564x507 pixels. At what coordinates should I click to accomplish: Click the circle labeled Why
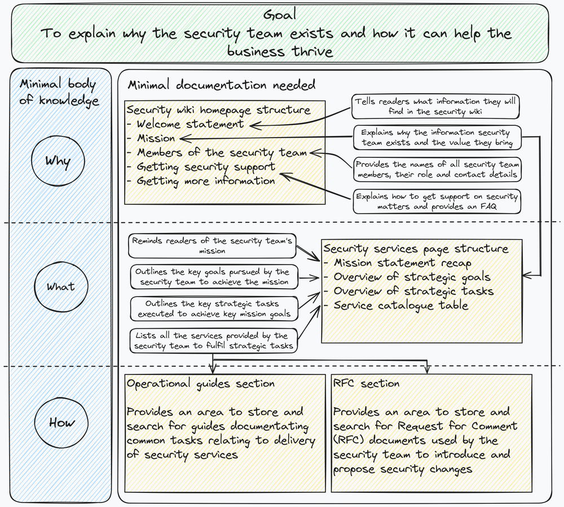pos(59,162)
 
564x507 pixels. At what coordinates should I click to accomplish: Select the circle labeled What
pos(60,286)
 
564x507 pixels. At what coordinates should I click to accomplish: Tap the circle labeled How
pos(61,422)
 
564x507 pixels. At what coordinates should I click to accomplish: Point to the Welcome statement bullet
pos(190,124)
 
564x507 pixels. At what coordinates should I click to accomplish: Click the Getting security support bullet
pos(206,167)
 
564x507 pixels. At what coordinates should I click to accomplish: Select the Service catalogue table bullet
pos(400,305)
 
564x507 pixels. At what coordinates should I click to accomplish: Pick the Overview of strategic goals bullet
pos(412,277)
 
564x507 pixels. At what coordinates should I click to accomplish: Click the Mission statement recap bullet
pos(402,263)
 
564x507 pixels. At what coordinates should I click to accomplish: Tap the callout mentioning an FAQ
pos(436,202)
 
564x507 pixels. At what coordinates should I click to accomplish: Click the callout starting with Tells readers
pos(436,107)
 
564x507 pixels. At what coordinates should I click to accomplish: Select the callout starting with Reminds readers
pos(212,245)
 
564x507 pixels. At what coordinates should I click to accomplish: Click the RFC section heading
pos(366,383)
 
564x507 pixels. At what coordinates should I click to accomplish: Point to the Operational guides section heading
pos(200,383)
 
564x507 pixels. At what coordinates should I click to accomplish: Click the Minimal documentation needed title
pos(222,85)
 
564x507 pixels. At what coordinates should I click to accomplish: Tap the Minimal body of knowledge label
pos(59,92)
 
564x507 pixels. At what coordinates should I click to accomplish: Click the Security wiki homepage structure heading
pos(218,110)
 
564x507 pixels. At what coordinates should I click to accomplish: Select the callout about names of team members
pos(436,170)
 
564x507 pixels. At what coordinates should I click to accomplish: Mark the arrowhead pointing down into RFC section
pos(427,369)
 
